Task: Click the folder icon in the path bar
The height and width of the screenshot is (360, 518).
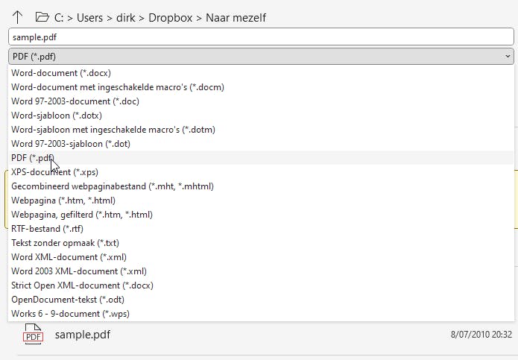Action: pyautogui.click(x=42, y=16)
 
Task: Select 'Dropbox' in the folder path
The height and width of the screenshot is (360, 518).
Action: pyautogui.click(x=170, y=17)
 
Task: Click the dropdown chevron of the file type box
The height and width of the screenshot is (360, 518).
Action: pyautogui.click(x=508, y=56)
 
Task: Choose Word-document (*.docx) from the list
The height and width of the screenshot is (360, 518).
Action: pyautogui.click(x=55, y=73)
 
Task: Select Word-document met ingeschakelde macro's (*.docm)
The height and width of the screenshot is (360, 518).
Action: pyautogui.click(x=117, y=87)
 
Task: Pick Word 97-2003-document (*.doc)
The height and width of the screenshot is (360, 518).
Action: pyautogui.click(x=75, y=101)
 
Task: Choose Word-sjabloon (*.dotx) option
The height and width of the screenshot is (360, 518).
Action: pyautogui.click(x=57, y=116)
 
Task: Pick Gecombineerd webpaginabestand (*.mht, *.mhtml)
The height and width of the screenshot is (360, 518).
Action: pyautogui.click(x=113, y=186)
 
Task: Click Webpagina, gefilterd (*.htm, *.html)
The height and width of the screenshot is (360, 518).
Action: pyautogui.click(x=82, y=215)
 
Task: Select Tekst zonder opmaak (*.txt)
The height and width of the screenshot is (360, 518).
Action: pyautogui.click(x=66, y=243)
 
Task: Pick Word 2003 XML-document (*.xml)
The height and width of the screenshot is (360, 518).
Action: pyautogui.click(x=79, y=271)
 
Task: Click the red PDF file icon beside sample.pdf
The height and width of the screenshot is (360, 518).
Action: pyautogui.click(x=34, y=334)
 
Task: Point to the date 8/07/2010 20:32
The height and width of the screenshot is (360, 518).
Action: pyautogui.click(x=481, y=335)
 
